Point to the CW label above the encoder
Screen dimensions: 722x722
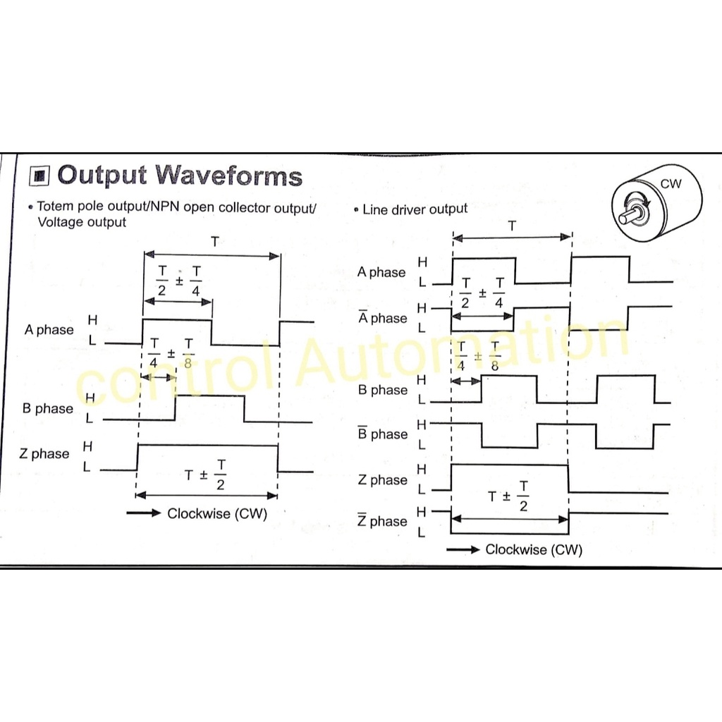[671, 184]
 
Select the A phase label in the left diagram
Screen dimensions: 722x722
[49, 330]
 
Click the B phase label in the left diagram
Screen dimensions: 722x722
[49, 408]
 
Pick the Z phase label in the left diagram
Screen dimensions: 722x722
[45, 453]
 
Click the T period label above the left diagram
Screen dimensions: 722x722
[214, 242]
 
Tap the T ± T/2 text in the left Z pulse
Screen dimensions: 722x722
[207, 475]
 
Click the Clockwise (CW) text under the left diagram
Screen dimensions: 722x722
[217, 513]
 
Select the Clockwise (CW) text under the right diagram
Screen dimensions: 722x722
[534, 549]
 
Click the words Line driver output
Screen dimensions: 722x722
[415, 209]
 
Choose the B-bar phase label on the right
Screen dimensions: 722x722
[382, 434]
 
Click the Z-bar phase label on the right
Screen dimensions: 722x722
[382, 521]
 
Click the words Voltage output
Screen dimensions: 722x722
[82, 222]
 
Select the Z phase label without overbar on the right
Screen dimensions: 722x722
[382, 480]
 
